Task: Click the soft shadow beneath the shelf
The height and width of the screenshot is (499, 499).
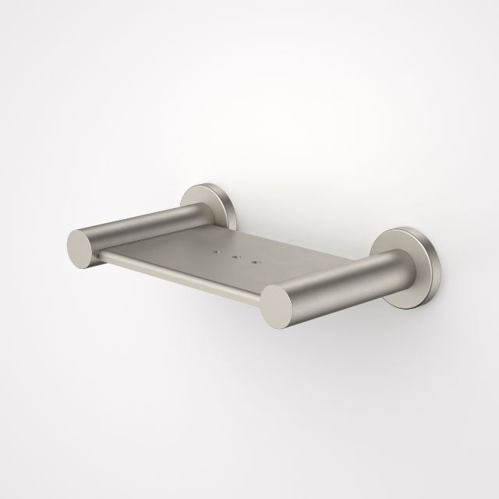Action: pyautogui.click(x=234, y=327)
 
